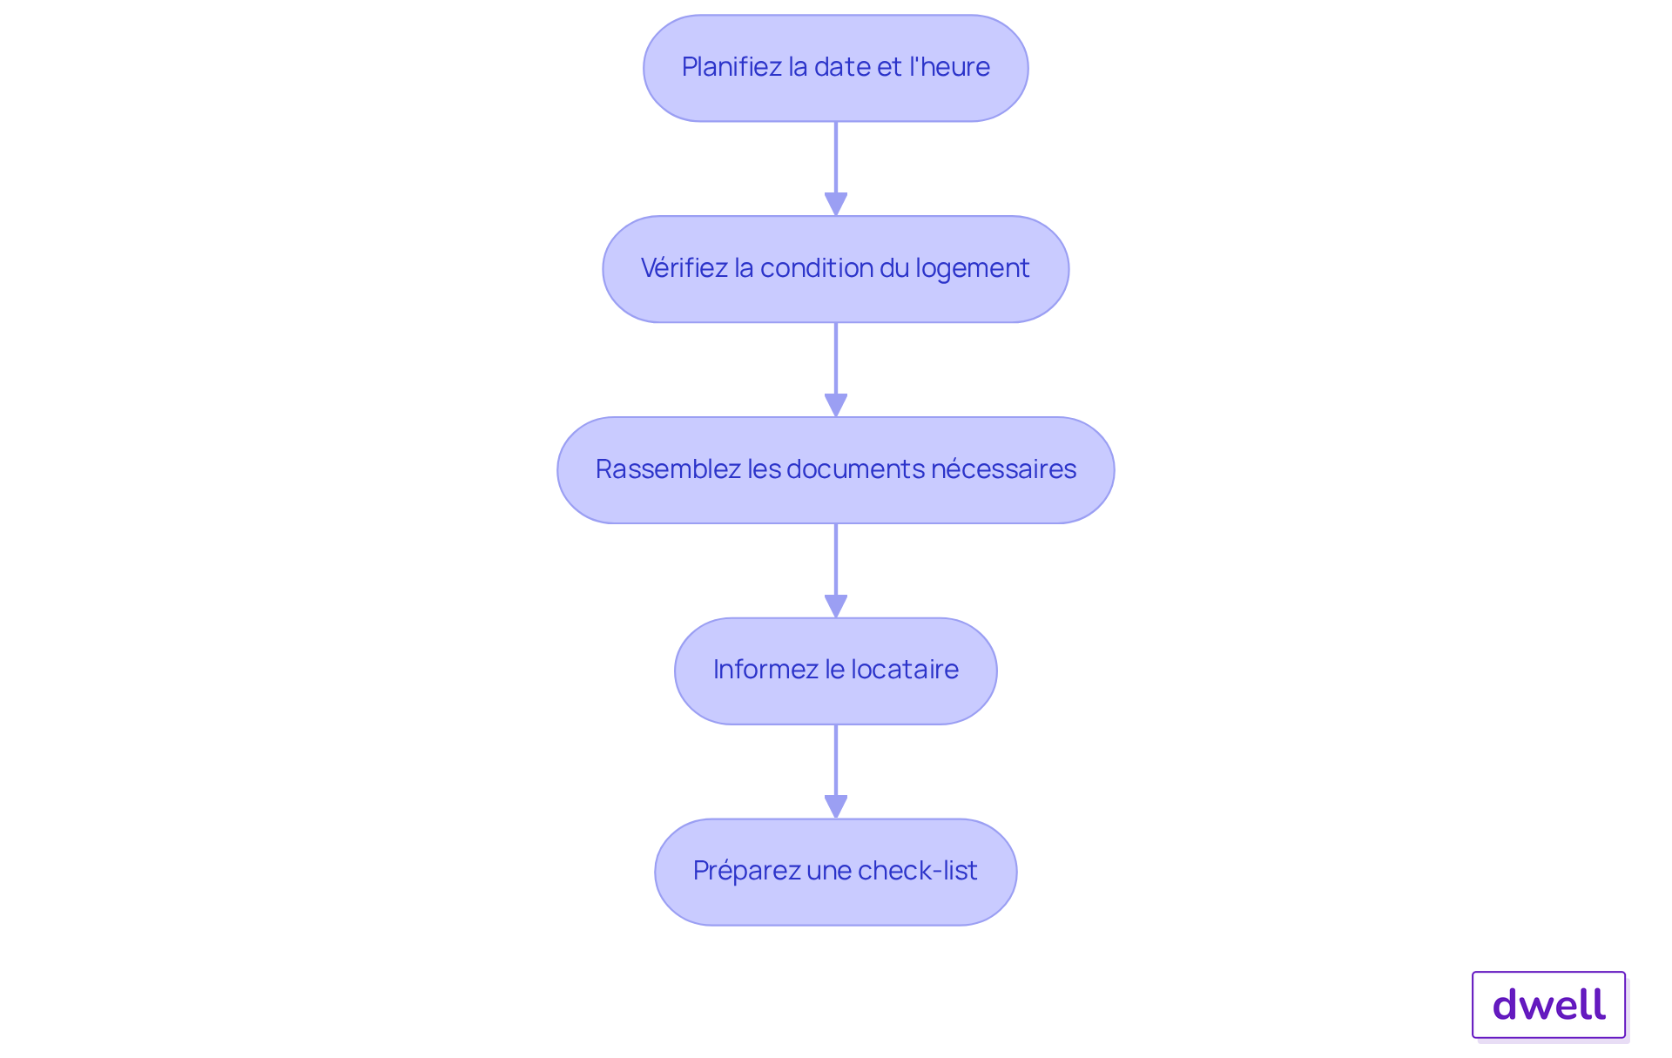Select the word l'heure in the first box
pyautogui.click(x=950, y=66)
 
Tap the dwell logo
pyautogui.click(x=1549, y=1005)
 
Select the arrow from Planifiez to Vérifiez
pyautogui.click(x=836, y=169)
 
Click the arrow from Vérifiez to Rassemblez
pyautogui.click(x=836, y=370)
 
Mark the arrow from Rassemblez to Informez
pyautogui.click(x=836, y=571)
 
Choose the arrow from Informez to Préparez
pyautogui.click(x=836, y=772)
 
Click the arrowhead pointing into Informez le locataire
pyautogui.click(x=836, y=607)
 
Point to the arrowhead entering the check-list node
pyautogui.click(x=836, y=807)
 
